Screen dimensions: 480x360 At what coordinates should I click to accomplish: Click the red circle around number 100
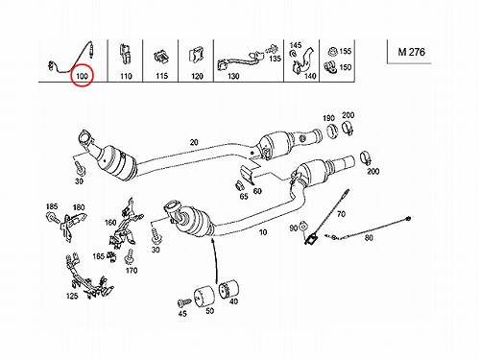[71, 76]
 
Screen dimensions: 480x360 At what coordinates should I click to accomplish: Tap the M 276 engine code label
[412, 52]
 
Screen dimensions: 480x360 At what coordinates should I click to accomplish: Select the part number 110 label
[126, 76]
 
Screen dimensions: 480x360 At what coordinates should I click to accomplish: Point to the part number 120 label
[197, 76]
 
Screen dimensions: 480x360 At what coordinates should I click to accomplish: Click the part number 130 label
[233, 76]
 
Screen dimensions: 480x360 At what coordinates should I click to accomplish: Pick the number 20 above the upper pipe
[194, 142]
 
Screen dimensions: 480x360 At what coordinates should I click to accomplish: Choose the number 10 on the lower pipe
[263, 232]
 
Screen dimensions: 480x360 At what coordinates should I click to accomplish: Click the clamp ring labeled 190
[332, 131]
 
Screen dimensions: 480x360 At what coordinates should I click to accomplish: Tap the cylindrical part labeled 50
[204, 297]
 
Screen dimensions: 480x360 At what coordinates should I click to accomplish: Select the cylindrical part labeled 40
[228, 289]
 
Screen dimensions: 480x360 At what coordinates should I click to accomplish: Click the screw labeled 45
[183, 302]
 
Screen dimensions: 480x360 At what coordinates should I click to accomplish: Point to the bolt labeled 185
[52, 218]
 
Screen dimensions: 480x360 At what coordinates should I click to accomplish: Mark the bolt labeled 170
[130, 256]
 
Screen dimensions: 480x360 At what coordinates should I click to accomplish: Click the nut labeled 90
[302, 228]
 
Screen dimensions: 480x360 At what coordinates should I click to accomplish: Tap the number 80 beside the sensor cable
[369, 238]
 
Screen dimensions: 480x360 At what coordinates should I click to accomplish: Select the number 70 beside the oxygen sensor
[341, 213]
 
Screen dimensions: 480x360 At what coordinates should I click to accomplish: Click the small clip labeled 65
[240, 186]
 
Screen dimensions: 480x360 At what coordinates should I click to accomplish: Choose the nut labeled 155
[332, 51]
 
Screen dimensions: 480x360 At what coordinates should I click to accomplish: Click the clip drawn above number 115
[161, 58]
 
